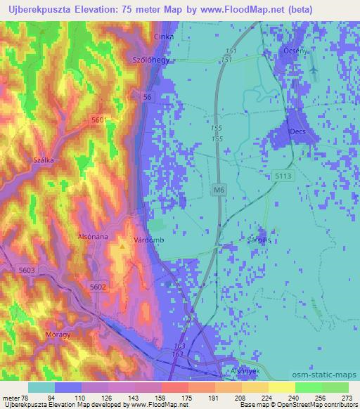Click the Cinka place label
tap(164, 35)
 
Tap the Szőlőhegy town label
tap(148, 60)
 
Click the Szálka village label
tap(44, 160)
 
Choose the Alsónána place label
tap(93, 237)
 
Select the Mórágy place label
tap(58, 335)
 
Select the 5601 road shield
tap(100, 121)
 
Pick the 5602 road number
tap(98, 285)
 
